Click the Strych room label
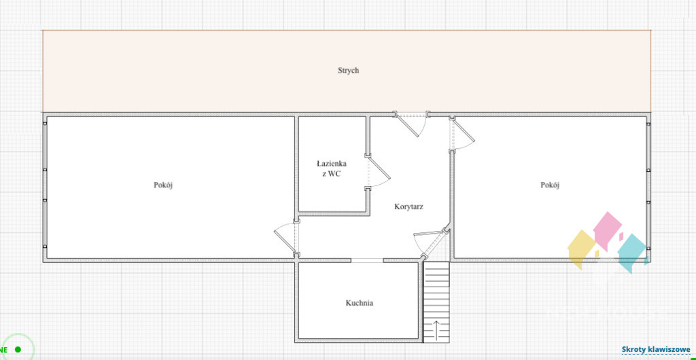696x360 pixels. (348, 71)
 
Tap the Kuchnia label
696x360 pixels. (359, 303)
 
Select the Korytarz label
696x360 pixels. (408, 206)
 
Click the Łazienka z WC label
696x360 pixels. (332, 168)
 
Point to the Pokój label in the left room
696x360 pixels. (163, 185)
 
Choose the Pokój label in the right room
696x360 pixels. (549, 185)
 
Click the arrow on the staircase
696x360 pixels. (436, 330)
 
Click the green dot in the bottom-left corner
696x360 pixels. (18, 349)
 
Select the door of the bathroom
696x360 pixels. (377, 170)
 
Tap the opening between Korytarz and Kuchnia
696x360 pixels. (366, 260)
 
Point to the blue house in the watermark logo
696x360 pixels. (632, 253)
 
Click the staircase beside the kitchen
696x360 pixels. (436, 302)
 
